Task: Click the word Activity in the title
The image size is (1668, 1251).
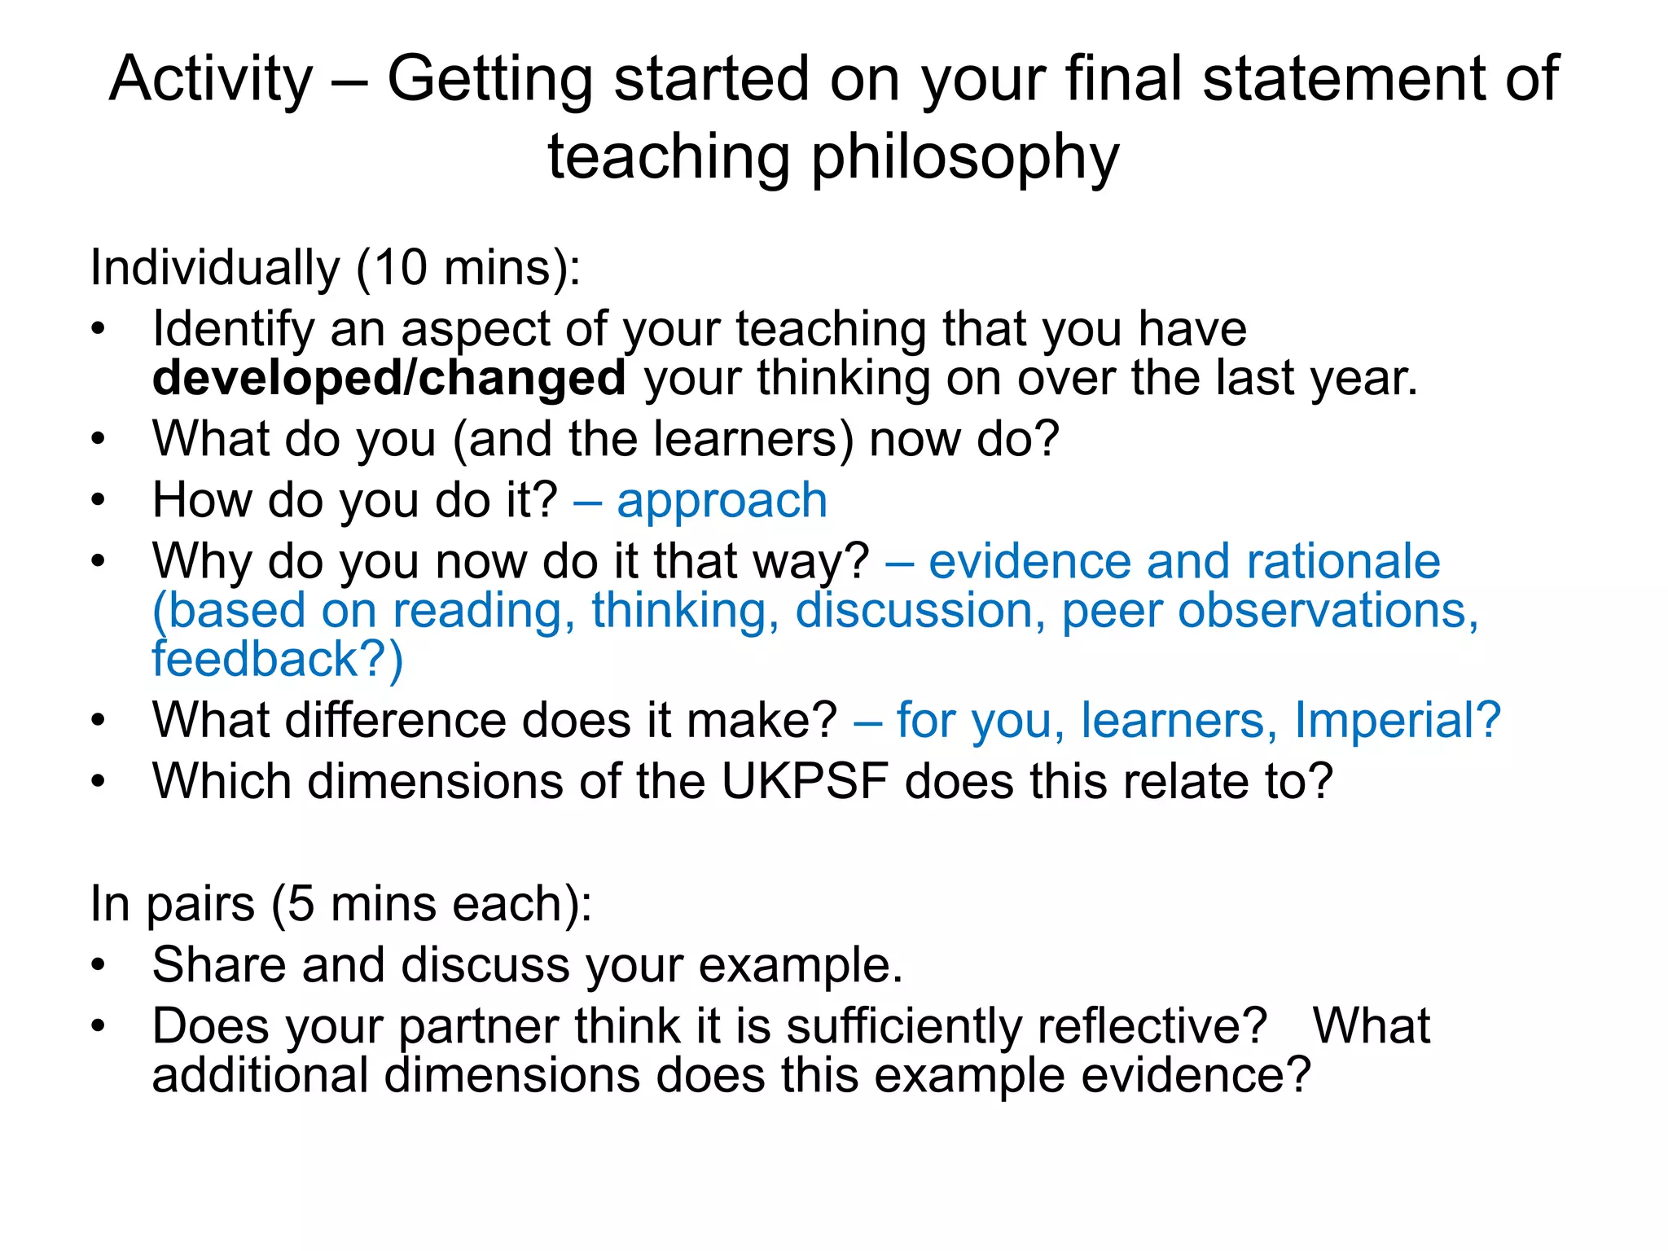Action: [211, 80]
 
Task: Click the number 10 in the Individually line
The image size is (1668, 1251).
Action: [400, 268]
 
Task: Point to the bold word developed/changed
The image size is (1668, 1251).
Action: [389, 379]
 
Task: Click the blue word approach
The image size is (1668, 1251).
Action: [722, 500]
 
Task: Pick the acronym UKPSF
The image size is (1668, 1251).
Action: [804, 782]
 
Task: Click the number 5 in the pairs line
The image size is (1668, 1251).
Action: [301, 904]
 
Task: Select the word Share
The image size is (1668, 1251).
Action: [219, 965]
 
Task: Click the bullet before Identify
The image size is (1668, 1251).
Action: [99, 330]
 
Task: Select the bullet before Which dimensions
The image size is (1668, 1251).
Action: [99, 782]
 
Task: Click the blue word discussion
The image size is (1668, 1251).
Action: [914, 611]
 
